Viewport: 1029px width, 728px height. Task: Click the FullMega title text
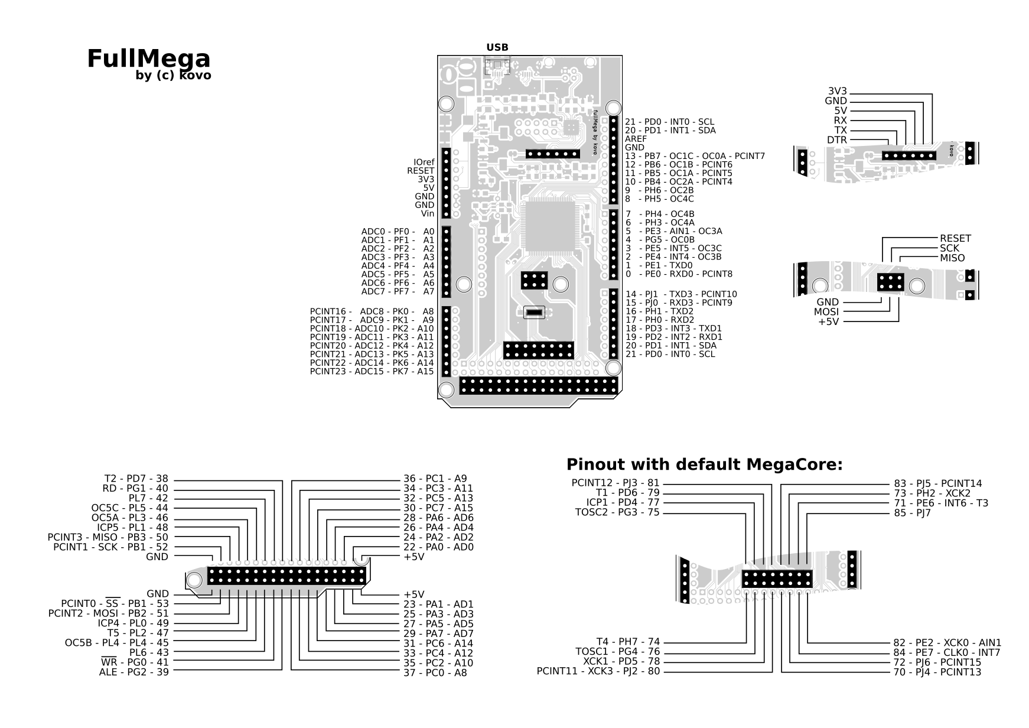coord(148,58)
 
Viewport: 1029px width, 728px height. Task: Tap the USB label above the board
coord(497,47)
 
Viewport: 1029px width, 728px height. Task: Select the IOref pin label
coord(424,162)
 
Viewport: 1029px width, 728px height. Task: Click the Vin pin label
coord(428,214)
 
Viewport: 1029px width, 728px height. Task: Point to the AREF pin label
coord(636,139)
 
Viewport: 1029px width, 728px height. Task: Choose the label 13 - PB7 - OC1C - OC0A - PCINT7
coord(695,156)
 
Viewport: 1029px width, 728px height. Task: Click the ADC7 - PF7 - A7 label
coord(398,292)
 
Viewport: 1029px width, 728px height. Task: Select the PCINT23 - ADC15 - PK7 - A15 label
coord(372,372)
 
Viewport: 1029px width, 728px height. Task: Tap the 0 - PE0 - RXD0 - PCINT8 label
coord(679,274)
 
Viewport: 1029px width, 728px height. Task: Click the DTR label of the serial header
coord(836,140)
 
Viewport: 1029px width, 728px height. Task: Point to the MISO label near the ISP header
coord(952,258)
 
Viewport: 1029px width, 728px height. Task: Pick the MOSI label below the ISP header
coord(826,312)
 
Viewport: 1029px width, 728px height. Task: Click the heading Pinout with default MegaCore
coord(704,465)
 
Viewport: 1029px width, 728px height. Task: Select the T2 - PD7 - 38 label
coord(136,479)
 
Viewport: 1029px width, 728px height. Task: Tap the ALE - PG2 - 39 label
coord(133,672)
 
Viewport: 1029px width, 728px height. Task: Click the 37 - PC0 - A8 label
coord(435,672)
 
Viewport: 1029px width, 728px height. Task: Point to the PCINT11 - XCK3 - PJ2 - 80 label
coord(598,671)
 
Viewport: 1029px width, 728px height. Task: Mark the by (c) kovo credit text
coord(173,76)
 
